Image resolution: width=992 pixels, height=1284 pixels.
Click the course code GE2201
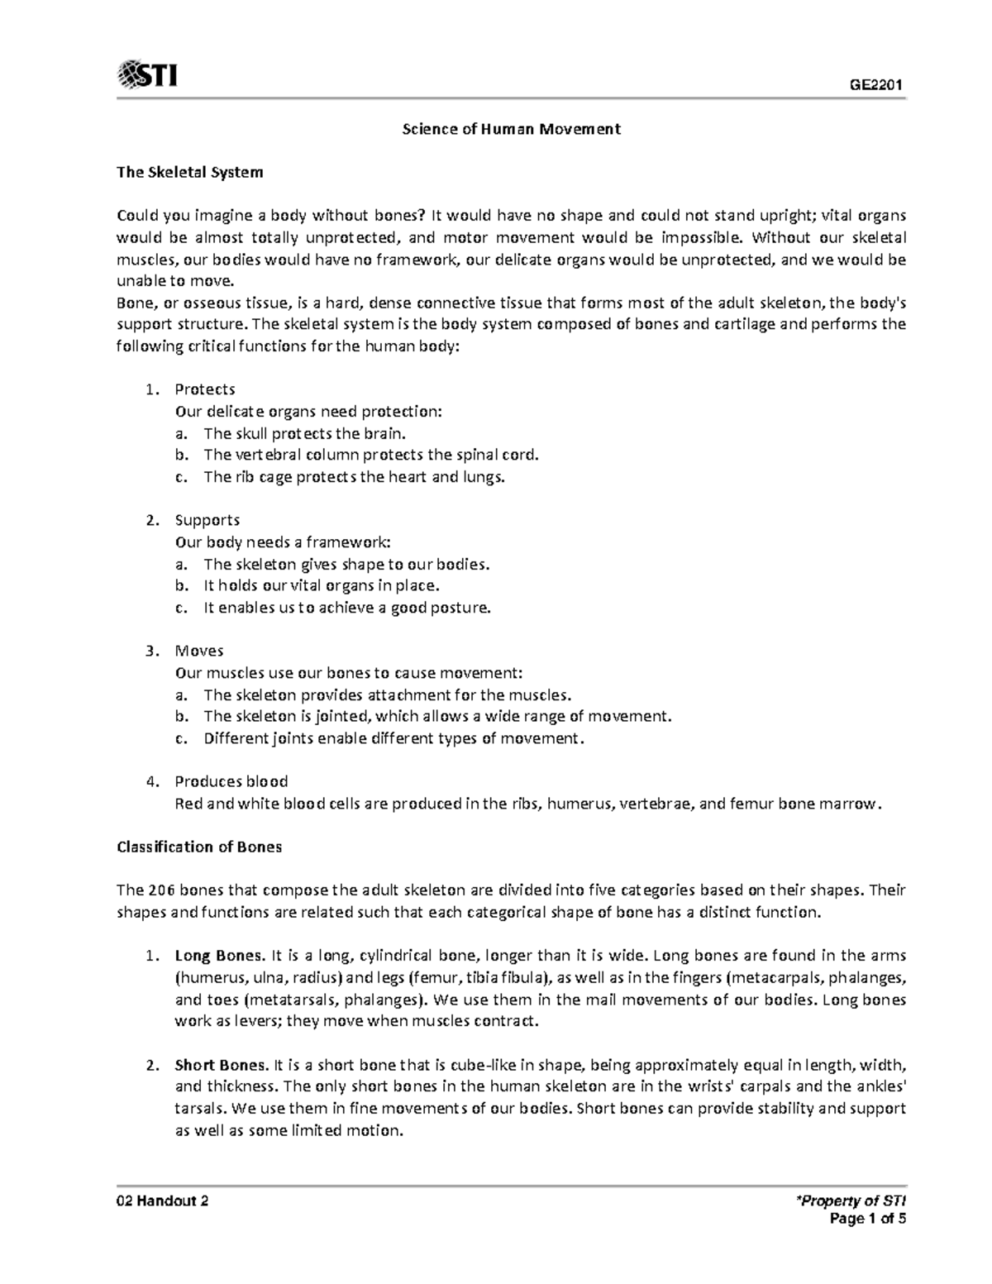click(878, 85)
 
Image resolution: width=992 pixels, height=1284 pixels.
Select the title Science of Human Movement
click(511, 129)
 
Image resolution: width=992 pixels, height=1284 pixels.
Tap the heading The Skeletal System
click(190, 172)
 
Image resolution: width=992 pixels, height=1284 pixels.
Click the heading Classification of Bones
click(199, 847)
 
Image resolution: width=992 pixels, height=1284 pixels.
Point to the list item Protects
click(205, 389)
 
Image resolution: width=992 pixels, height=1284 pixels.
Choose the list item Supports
click(207, 520)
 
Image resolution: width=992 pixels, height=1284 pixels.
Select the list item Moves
click(199, 651)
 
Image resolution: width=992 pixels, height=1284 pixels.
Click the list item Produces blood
click(231, 781)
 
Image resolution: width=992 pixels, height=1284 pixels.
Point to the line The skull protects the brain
click(306, 432)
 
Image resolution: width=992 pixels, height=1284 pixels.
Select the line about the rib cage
click(354, 476)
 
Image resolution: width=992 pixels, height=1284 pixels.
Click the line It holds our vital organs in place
click(322, 585)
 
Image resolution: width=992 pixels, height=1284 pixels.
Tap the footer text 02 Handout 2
click(162, 1201)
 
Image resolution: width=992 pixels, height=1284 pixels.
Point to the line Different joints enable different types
click(393, 738)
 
